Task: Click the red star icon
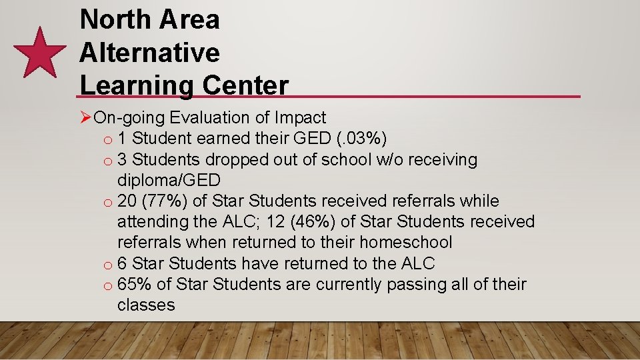point(40,53)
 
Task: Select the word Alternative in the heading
point(149,52)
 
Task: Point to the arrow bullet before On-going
point(85,118)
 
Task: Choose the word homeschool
point(404,242)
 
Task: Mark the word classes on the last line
point(146,305)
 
